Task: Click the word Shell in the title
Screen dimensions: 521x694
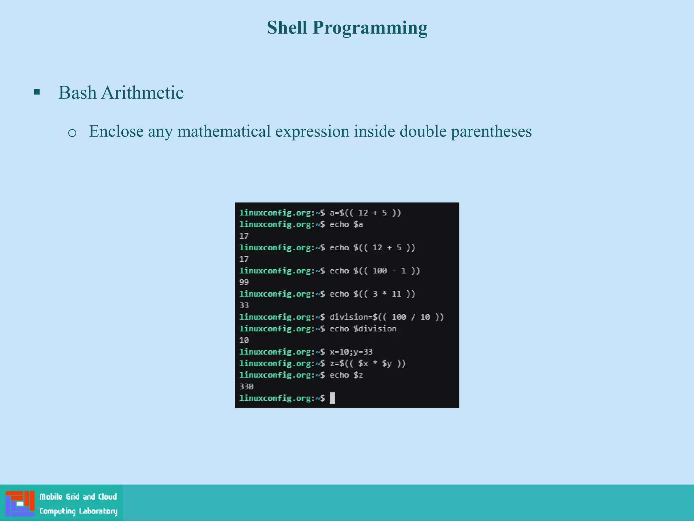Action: point(287,27)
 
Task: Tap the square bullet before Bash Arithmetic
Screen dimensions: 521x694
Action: point(37,92)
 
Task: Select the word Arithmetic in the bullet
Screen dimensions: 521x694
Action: point(142,93)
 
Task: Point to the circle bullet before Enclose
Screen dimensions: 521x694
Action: point(72,133)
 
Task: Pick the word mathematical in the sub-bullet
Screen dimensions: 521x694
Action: point(224,132)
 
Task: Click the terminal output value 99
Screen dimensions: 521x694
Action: point(244,282)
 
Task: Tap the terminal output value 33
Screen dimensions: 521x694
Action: point(244,305)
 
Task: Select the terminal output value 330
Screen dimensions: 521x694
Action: point(246,386)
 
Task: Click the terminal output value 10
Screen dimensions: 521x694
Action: point(244,340)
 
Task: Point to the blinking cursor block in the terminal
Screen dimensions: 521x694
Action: point(332,398)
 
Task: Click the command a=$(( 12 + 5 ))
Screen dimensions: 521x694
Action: point(365,213)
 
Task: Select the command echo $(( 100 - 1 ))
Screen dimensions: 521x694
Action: point(374,271)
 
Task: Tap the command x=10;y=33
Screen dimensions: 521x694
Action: point(351,352)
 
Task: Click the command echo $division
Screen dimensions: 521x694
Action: point(363,329)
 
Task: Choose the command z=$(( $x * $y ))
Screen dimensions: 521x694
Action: point(367,363)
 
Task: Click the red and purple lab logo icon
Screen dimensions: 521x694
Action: point(20,503)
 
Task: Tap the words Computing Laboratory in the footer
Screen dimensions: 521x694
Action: point(78,511)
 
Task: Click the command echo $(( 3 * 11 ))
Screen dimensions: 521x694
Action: point(372,294)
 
